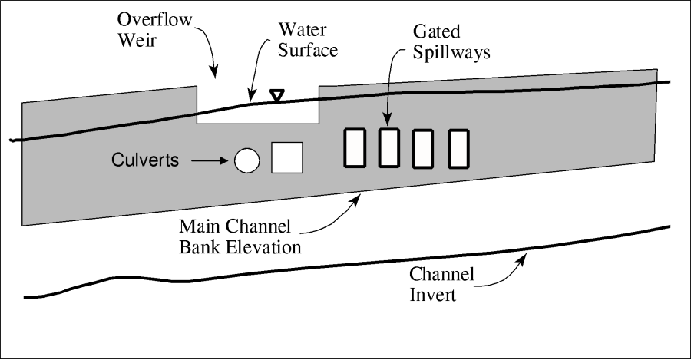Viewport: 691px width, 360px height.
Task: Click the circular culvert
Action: [x=246, y=160]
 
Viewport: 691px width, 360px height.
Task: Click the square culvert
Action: [x=288, y=157]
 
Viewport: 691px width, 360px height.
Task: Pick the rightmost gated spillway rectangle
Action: [x=458, y=148]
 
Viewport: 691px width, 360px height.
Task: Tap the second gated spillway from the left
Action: [x=390, y=147]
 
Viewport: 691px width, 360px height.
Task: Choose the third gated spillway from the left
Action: [x=424, y=148]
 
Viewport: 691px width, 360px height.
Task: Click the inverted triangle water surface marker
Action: [x=277, y=94]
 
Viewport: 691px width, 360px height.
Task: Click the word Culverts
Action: [x=145, y=160]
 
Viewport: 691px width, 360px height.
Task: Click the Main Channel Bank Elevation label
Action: [x=240, y=237]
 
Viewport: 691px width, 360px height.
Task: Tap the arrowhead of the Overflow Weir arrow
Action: [x=215, y=74]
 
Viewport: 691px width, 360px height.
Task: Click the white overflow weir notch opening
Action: [x=258, y=114]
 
